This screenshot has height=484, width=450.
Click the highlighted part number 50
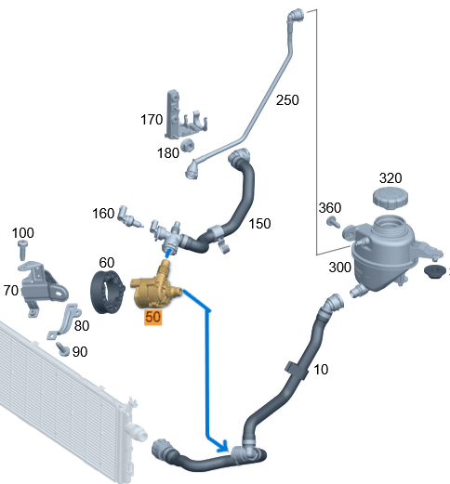(152, 317)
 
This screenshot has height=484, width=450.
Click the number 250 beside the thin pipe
(287, 100)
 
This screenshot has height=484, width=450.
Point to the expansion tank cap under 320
(390, 197)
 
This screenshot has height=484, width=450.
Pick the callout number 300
(339, 268)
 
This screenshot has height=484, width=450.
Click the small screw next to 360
(333, 222)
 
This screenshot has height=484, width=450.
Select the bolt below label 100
(22, 250)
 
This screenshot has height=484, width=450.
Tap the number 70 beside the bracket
(11, 291)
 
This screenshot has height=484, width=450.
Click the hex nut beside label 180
(188, 145)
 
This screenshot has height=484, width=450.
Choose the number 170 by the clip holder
(152, 120)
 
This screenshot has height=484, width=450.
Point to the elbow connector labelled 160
(128, 216)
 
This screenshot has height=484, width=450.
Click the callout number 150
(259, 224)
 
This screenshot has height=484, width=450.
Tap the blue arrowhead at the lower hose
(223, 446)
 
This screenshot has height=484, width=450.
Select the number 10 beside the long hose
(321, 370)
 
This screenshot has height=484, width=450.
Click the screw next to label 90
(63, 349)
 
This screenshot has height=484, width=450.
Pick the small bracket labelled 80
(65, 320)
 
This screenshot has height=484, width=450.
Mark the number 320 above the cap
(390, 178)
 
